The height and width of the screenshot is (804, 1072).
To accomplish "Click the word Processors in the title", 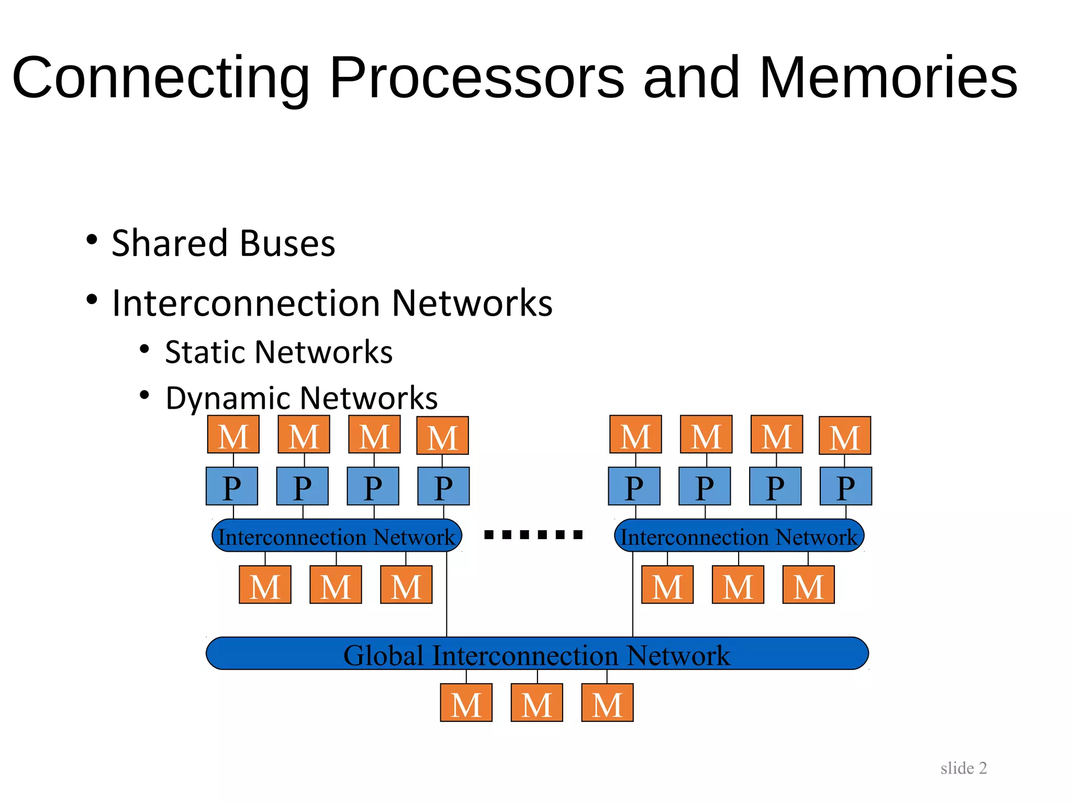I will pos(476,79).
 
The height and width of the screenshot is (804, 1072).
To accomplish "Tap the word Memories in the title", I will pos(888,79).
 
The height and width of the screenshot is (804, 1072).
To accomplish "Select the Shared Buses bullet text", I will pos(224,244).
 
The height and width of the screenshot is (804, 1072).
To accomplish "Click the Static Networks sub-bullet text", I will pos(278,352).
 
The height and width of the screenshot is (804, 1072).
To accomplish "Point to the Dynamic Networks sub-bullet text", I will pos(301,398).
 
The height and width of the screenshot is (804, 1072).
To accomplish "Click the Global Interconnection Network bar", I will pos(537,654).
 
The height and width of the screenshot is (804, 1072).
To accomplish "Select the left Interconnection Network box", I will pos(337,536).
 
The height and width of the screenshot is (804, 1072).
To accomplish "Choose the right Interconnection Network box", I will pos(739,536).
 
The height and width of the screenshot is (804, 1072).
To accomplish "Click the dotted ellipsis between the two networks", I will pos(533,534).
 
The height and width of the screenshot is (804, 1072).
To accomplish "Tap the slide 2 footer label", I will pos(963,768).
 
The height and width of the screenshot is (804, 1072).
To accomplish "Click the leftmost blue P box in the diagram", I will pos(232,486).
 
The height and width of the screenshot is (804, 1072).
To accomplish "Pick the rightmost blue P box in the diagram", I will pos(846,486).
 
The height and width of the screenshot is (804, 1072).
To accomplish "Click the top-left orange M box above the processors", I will pos(233,434).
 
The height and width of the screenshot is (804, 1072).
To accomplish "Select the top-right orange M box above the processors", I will pos(845,435).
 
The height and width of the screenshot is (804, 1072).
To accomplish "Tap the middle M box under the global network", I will pos(537,703).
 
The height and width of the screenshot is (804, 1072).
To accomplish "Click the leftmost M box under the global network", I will pos(466,703).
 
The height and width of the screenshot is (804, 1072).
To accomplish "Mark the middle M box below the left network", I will pos(336,585).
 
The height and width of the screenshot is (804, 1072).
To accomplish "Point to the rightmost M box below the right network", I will pos(809,585).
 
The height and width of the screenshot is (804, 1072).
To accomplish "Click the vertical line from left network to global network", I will pos(446,594).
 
